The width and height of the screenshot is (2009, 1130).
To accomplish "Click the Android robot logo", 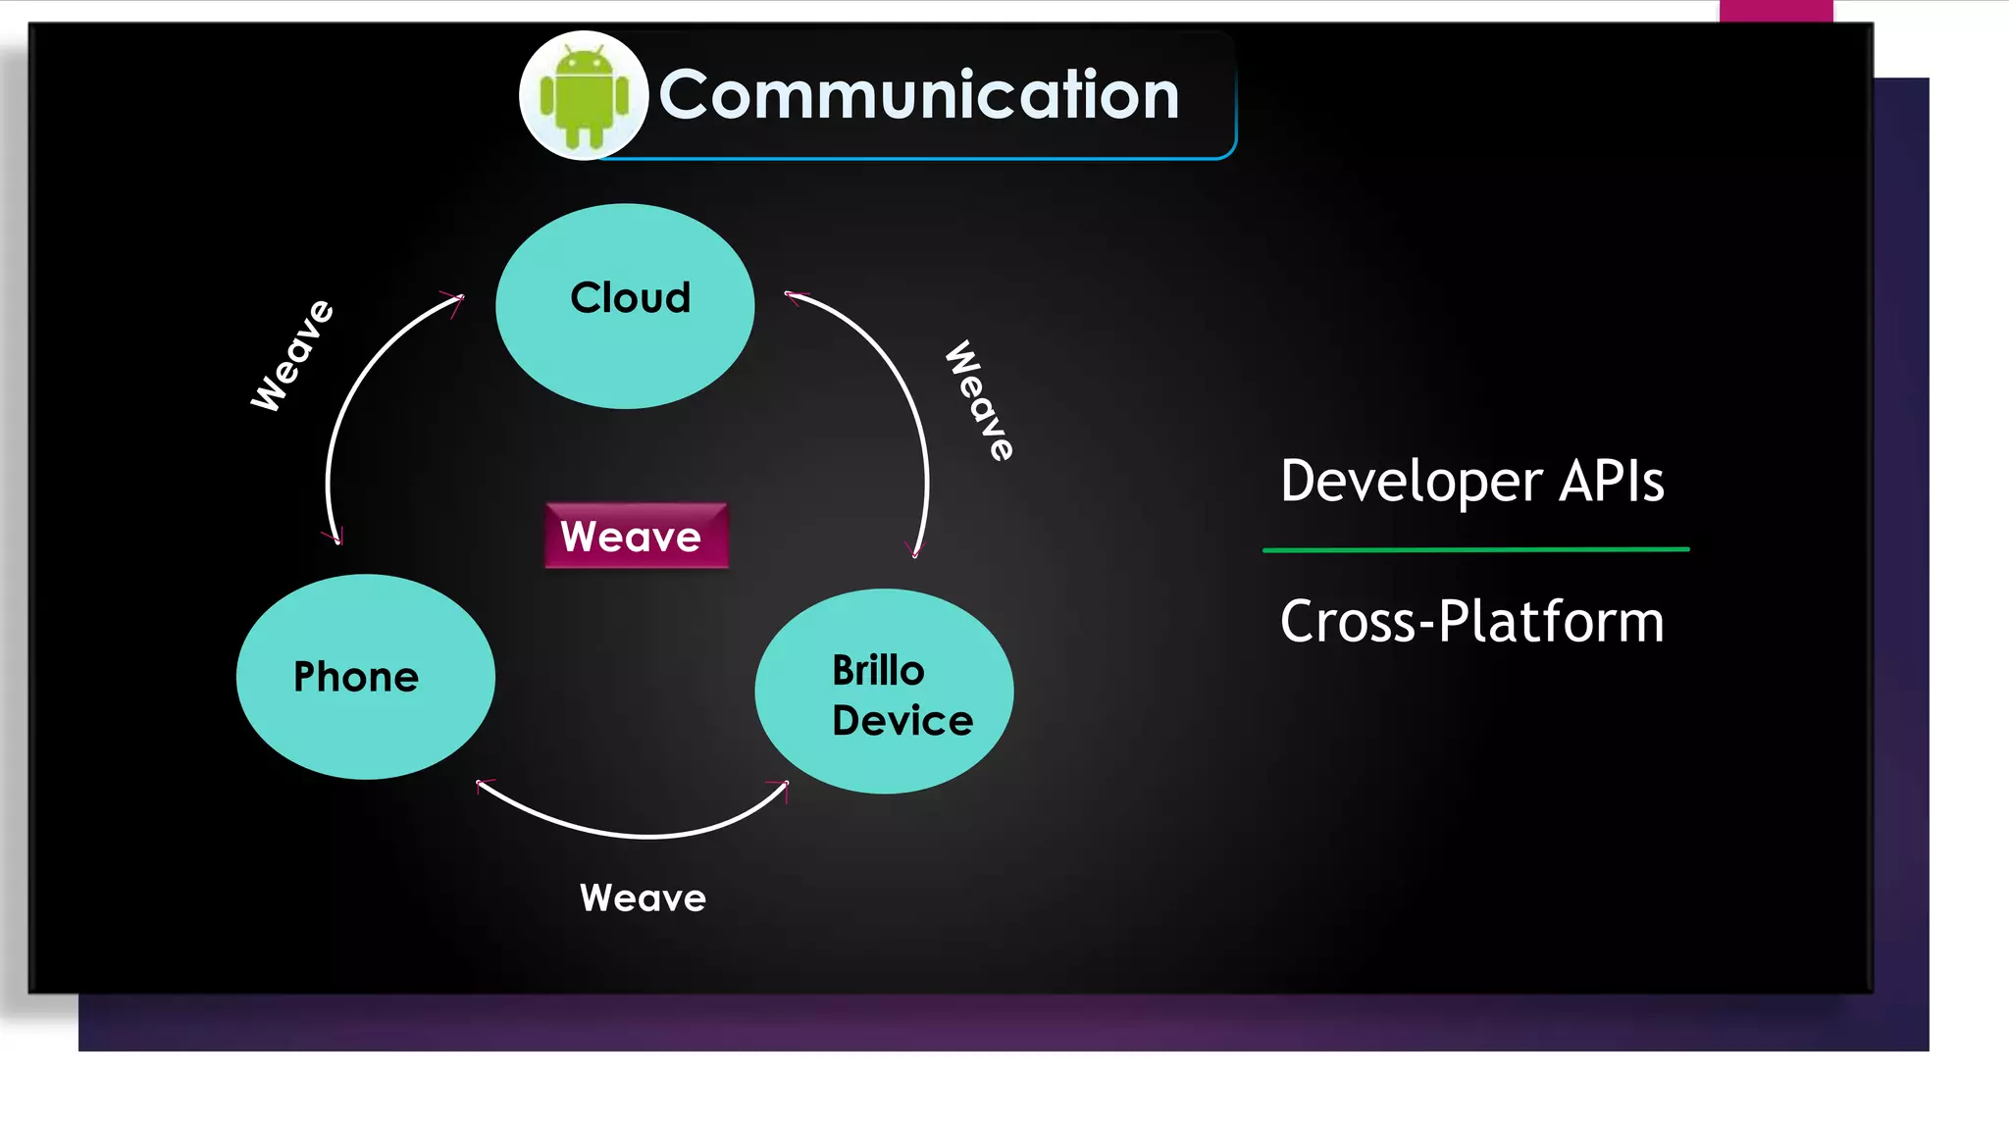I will click(x=584, y=96).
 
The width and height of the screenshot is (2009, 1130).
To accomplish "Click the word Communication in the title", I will click(x=918, y=95).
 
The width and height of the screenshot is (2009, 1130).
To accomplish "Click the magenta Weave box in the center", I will click(x=636, y=536).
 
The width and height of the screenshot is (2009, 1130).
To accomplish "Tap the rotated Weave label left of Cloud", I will click(x=292, y=355).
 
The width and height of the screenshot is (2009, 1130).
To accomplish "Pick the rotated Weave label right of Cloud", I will click(x=979, y=400).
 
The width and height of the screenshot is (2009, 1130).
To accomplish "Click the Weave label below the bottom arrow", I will click(x=643, y=899).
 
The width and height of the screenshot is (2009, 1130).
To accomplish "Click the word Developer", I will click(x=1412, y=482).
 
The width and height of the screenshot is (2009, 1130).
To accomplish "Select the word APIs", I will click(x=1612, y=482).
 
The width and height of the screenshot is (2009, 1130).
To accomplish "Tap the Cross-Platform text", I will click(x=1471, y=622).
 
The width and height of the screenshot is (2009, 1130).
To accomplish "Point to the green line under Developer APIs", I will click(x=1475, y=550).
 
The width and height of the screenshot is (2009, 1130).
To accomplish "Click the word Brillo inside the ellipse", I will click(x=878, y=671).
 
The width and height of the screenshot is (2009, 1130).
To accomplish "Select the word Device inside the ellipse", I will click(x=902, y=721).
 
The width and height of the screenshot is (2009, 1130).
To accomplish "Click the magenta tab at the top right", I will click(x=1776, y=11).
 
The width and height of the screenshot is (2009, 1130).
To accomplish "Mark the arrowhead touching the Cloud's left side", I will click(x=453, y=299).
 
